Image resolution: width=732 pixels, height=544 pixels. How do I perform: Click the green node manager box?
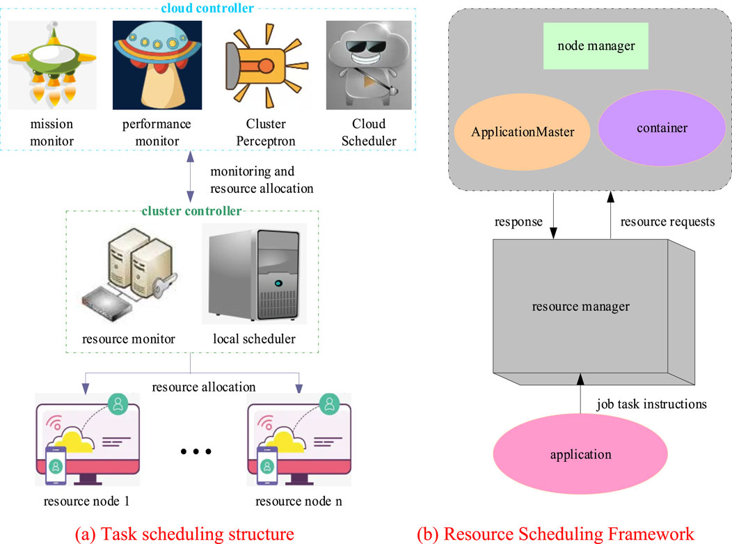coord(596,46)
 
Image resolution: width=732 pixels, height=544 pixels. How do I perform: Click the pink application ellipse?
coord(580,455)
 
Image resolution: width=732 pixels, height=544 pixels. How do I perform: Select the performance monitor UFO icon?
coord(157,65)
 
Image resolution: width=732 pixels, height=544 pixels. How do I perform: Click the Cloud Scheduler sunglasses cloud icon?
coord(361,65)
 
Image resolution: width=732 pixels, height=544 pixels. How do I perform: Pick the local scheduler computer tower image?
coord(254,274)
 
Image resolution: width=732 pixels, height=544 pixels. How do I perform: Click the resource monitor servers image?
coord(128,275)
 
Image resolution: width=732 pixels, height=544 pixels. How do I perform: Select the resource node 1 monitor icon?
coord(84,443)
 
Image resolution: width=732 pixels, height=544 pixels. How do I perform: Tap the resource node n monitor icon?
coord(298,443)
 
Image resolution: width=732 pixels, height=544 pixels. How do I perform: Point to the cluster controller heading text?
coord(191,210)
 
